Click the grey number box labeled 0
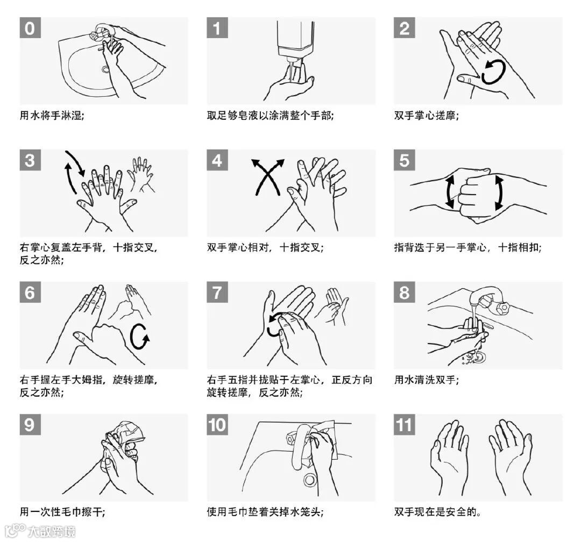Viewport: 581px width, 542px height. pos(30,28)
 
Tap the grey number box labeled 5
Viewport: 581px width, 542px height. pos(404,160)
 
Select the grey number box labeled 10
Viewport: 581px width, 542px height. pos(217,425)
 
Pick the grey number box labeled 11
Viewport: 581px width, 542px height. pos(404,425)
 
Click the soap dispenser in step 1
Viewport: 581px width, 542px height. pos(295,41)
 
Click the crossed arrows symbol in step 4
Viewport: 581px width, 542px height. pos(267,177)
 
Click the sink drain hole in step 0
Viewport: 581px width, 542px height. pos(106,69)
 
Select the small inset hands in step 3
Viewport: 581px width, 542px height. pos(140,174)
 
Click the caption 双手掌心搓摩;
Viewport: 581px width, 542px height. pos(426,116)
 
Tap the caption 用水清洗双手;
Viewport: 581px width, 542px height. pos(426,380)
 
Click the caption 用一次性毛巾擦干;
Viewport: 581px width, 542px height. pos(62,512)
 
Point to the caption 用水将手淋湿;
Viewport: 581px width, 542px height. pos(52,116)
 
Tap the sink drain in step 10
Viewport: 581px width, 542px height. pos(309,480)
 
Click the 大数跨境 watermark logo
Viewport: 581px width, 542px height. pos(41,531)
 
